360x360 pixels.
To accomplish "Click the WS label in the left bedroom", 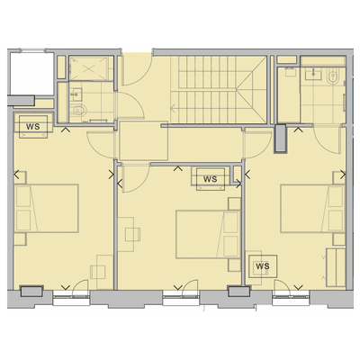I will click(x=31, y=125).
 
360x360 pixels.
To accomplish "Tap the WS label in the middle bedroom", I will click(x=211, y=179).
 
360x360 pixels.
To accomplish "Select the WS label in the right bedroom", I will click(x=263, y=266).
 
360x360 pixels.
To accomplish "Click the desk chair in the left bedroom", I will click(x=101, y=267).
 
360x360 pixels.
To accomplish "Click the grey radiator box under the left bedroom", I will click(x=31, y=291).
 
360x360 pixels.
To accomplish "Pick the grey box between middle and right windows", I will click(x=238, y=291).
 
